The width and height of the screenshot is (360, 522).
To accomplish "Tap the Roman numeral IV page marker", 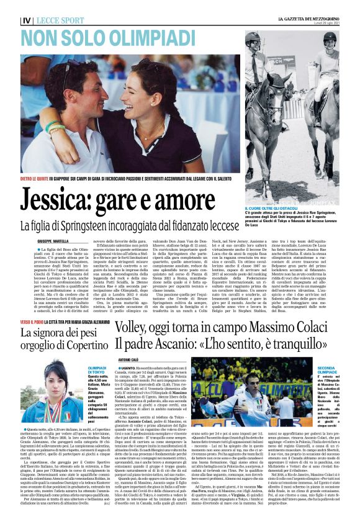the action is (26, 20).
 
